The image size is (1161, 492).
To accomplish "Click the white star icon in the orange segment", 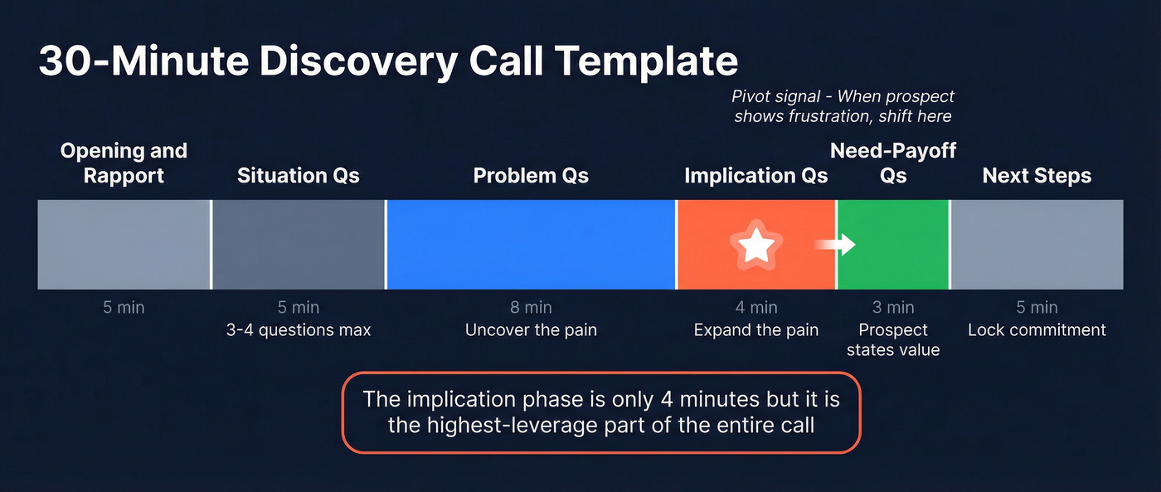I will click(x=756, y=245).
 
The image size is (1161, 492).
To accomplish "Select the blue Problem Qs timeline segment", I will click(x=531, y=244).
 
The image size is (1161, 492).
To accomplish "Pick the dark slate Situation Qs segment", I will click(x=299, y=244).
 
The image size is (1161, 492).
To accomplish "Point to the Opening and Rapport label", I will click(x=124, y=163).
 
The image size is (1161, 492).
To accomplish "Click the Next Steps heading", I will click(x=1037, y=176).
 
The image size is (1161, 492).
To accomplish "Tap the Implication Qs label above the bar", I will click(x=755, y=176).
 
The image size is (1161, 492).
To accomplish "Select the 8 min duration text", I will click(x=531, y=308).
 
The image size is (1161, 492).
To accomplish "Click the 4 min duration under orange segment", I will click(x=756, y=308).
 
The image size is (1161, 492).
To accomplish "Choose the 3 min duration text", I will click(x=893, y=308).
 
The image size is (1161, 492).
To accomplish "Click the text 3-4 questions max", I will click(x=299, y=330).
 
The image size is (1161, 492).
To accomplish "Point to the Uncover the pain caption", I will click(x=531, y=330).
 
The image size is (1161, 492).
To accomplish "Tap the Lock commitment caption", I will click(x=1037, y=330).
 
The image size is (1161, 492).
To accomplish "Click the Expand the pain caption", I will click(x=756, y=330).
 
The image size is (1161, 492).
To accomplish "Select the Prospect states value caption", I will click(x=893, y=340).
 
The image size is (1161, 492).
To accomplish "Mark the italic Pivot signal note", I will click(x=843, y=107).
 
